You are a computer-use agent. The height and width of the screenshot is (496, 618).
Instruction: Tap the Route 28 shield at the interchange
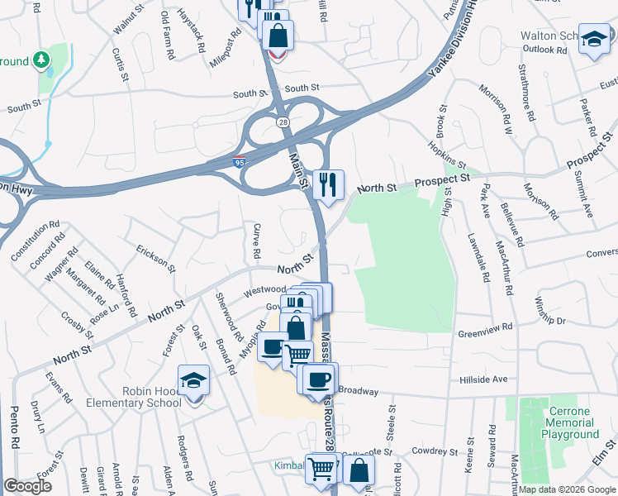pyautogui.click(x=283, y=122)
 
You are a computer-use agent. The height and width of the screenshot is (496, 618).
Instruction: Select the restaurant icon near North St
pyautogui.click(x=328, y=184)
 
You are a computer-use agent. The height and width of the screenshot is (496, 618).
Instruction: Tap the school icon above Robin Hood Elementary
pyautogui.click(x=193, y=382)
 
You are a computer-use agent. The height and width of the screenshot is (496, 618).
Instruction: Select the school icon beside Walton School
pyautogui.click(x=593, y=40)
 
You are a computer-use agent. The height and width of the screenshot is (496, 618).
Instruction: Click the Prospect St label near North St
pyautogui.click(x=441, y=179)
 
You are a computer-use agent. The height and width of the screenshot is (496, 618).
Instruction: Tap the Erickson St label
pyautogui.click(x=156, y=257)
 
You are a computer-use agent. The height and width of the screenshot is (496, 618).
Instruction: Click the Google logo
pyautogui.click(x=27, y=486)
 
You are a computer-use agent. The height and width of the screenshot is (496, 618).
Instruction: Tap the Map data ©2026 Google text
pyautogui.click(x=564, y=489)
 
